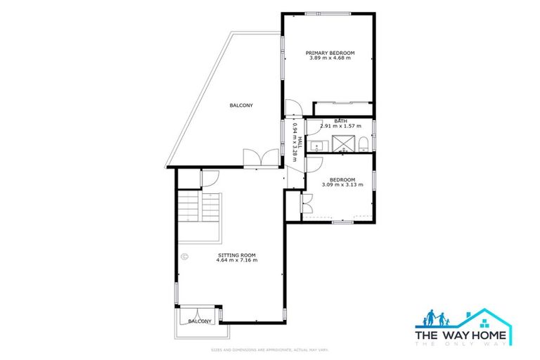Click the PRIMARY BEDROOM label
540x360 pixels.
pyautogui.click(x=330, y=53)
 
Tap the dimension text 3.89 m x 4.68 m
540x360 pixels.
pyautogui.click(x=330, y=58)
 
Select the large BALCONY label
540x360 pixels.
pyautogui.click(x=241, y=105)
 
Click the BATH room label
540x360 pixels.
pyautogui.click(x=340, y=121)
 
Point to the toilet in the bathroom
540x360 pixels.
pyautogui.click(x=361, y=145)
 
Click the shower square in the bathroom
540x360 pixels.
pyautogui.click(x=342, y=145)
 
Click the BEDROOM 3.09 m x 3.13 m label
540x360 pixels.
pyautogui.click(x=342, y=182)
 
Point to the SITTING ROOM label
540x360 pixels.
pyautogui.click(x=237, y=255)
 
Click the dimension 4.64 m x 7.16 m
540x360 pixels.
pyautogui.click(x=237, y=260)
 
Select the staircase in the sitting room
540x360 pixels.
pyautogui.click(x=199, y=207)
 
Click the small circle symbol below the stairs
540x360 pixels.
pyautogui.click(x=184, y=257)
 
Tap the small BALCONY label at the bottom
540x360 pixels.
pyautogui.click(x=200, y=321)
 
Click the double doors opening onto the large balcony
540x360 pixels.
pyautogui.click(x=254, y=157)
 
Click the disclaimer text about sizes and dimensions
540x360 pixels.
pyautogui.click(x=270, y=349)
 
